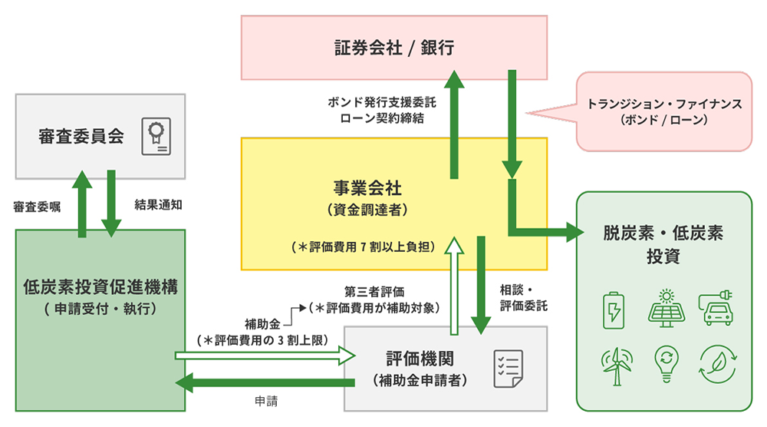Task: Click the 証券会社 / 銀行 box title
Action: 393,48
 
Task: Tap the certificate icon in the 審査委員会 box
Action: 156,136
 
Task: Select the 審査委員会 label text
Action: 81,136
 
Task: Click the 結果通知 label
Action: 158,205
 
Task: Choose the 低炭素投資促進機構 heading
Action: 100,287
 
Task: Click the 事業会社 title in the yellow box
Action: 367,187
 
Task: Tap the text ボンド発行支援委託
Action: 381,102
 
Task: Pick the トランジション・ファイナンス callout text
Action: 664,104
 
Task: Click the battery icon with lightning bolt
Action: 614,310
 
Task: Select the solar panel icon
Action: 667,309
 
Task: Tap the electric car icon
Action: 716,307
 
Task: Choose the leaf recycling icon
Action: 718,364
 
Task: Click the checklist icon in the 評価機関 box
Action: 509,369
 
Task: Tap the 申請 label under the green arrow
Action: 266,401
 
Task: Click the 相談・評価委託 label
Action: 523,298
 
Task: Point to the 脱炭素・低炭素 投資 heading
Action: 663,244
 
